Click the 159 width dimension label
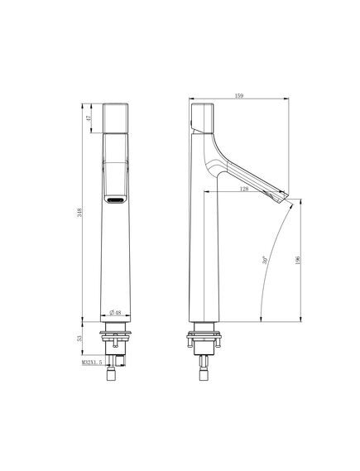(239, 96)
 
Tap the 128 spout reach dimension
(244, 189)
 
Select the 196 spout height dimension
(298, 260)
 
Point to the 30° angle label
(265, 260)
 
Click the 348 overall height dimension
(79, 213)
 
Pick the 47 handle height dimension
(89, 118)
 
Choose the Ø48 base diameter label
(115, 313)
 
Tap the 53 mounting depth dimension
(79, 339)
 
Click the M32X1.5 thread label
(92, 363)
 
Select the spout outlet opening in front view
(116, 199)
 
